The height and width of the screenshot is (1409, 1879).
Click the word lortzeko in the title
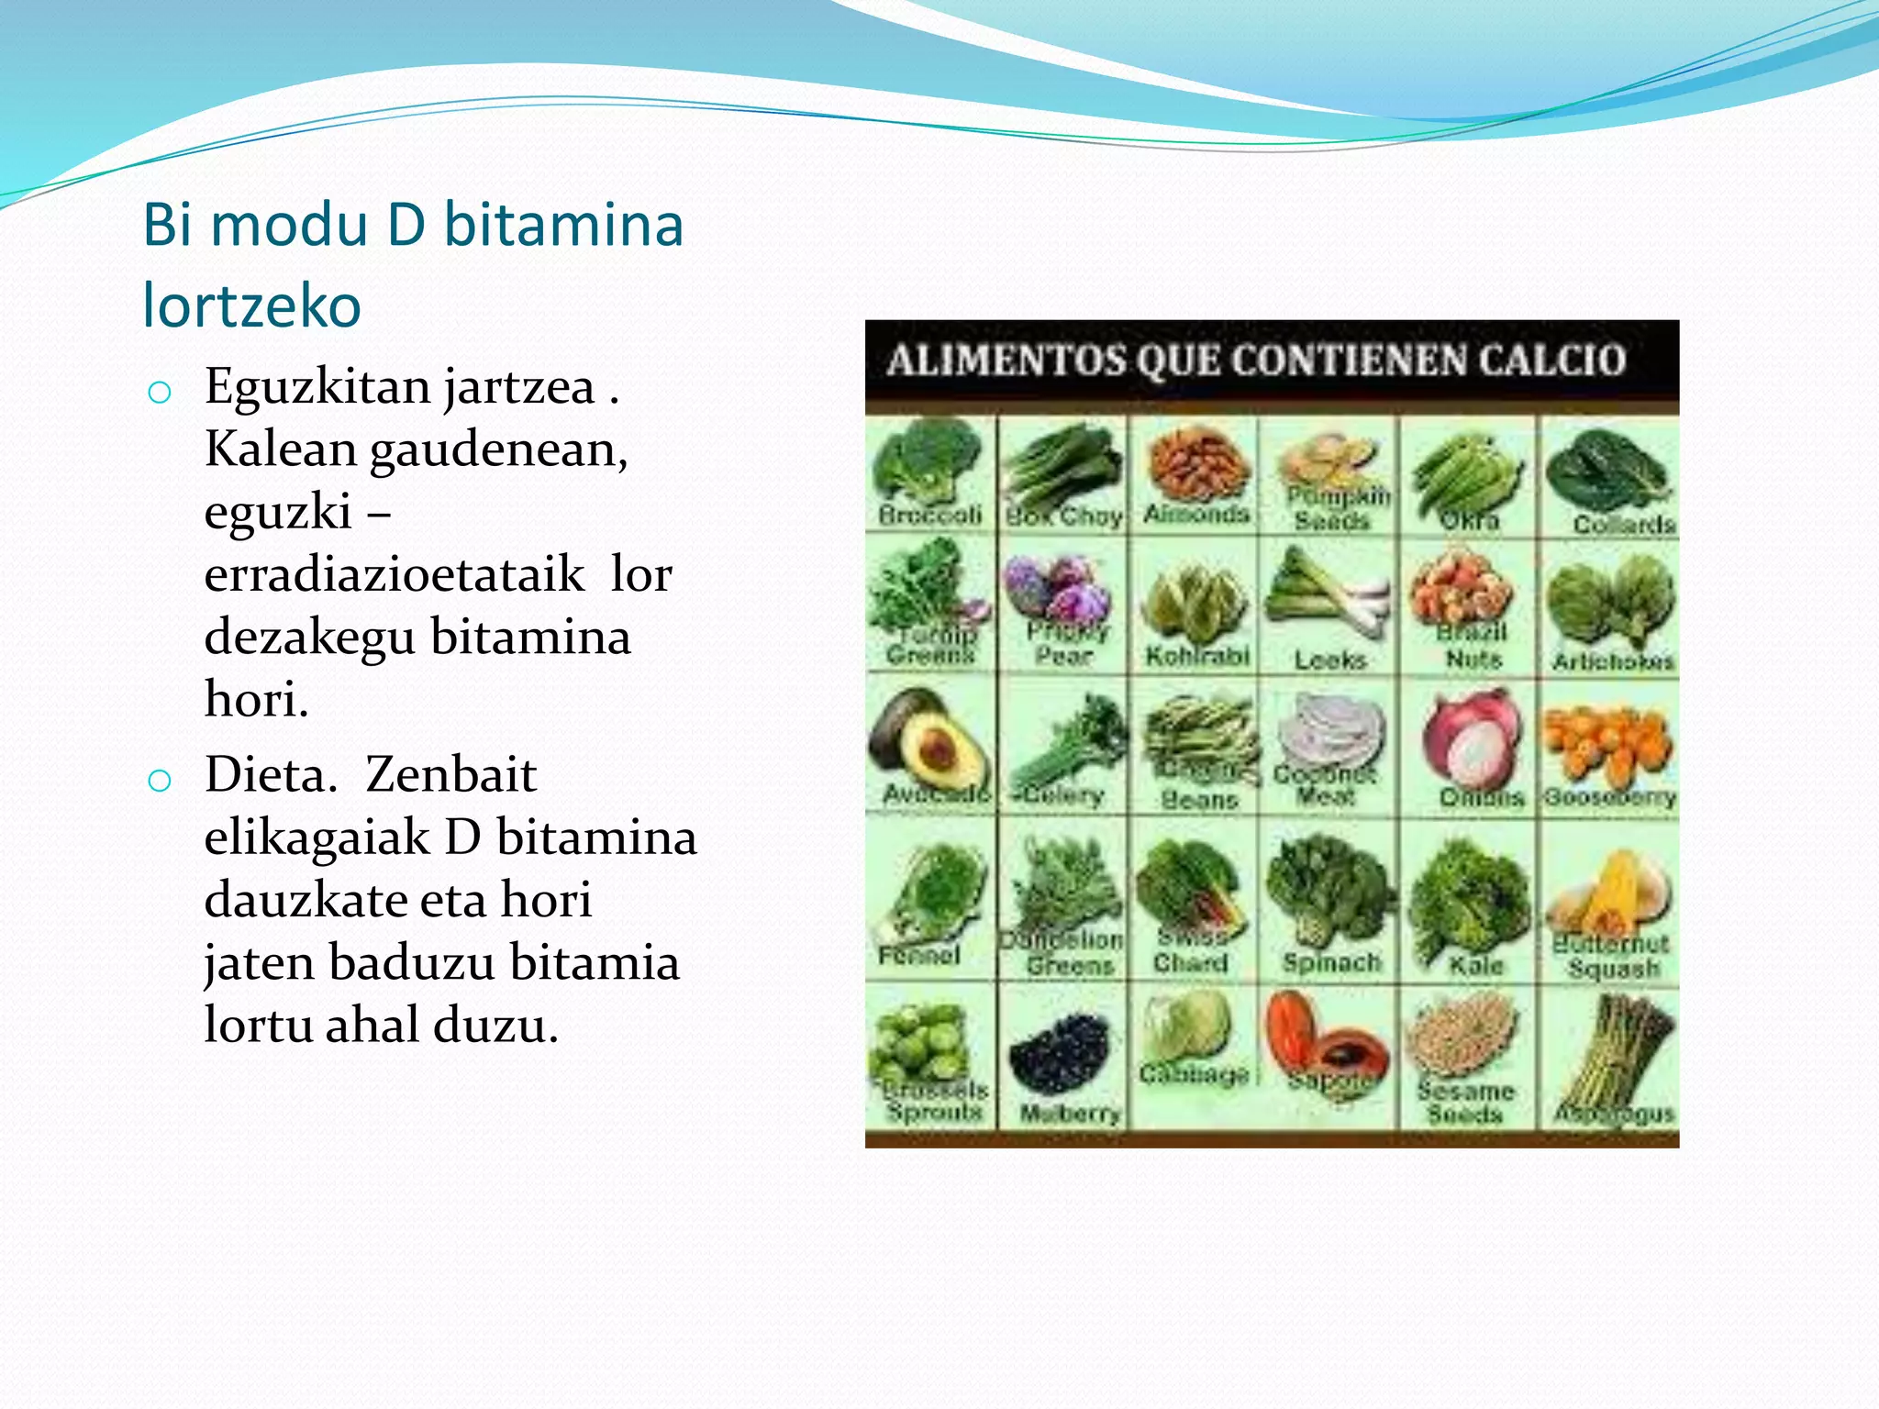252,305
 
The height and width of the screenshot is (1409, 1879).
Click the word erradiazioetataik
395,574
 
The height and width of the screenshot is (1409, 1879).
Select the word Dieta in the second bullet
266,775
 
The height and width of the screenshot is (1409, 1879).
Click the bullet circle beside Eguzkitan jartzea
160,393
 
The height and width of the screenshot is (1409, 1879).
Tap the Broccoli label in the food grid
929,515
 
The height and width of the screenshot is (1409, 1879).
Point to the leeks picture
1329,596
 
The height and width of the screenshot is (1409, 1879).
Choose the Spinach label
1331,962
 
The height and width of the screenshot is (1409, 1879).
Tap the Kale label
1475,965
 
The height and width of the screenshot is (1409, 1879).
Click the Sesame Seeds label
1465,1102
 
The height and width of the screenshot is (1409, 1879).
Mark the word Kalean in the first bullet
280,449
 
